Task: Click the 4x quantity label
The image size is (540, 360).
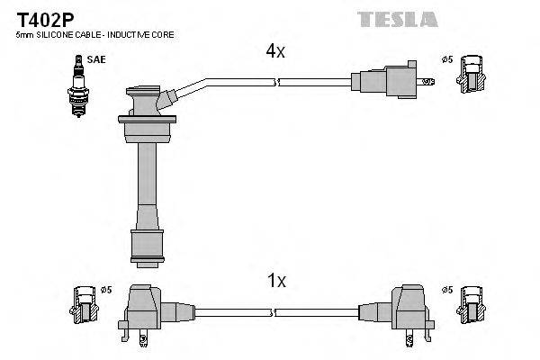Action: click(x=274, y=52)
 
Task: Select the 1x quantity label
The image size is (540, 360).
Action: click(x=276, y=282)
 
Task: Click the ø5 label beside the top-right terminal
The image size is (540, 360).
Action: click(x=445, y=60)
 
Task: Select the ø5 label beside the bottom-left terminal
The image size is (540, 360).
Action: click(x=105, y=290)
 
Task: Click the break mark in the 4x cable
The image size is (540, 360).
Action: click(x=276, y=82)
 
